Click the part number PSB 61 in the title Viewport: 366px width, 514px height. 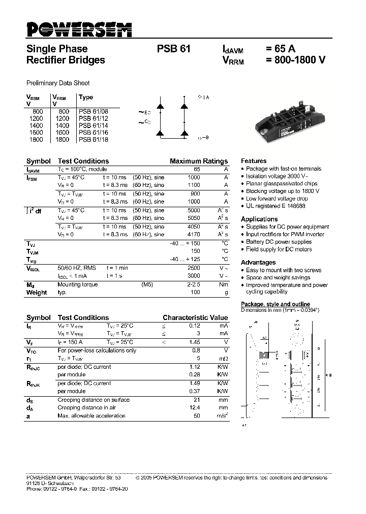174,49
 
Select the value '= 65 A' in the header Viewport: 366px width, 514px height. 280,49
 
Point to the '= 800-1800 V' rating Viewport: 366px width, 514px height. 295,60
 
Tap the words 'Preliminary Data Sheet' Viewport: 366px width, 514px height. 58,83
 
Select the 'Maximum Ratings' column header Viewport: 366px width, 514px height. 199,161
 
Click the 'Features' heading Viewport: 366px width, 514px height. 254,160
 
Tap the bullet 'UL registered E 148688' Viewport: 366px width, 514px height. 276,206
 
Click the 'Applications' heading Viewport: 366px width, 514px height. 259,219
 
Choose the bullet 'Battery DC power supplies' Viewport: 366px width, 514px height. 279,242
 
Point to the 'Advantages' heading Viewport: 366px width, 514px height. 258,262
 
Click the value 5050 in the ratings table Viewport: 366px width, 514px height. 194,218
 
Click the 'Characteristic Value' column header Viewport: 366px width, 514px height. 195,317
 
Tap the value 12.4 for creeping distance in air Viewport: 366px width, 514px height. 194,407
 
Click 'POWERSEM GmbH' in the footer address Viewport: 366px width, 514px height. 49,478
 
